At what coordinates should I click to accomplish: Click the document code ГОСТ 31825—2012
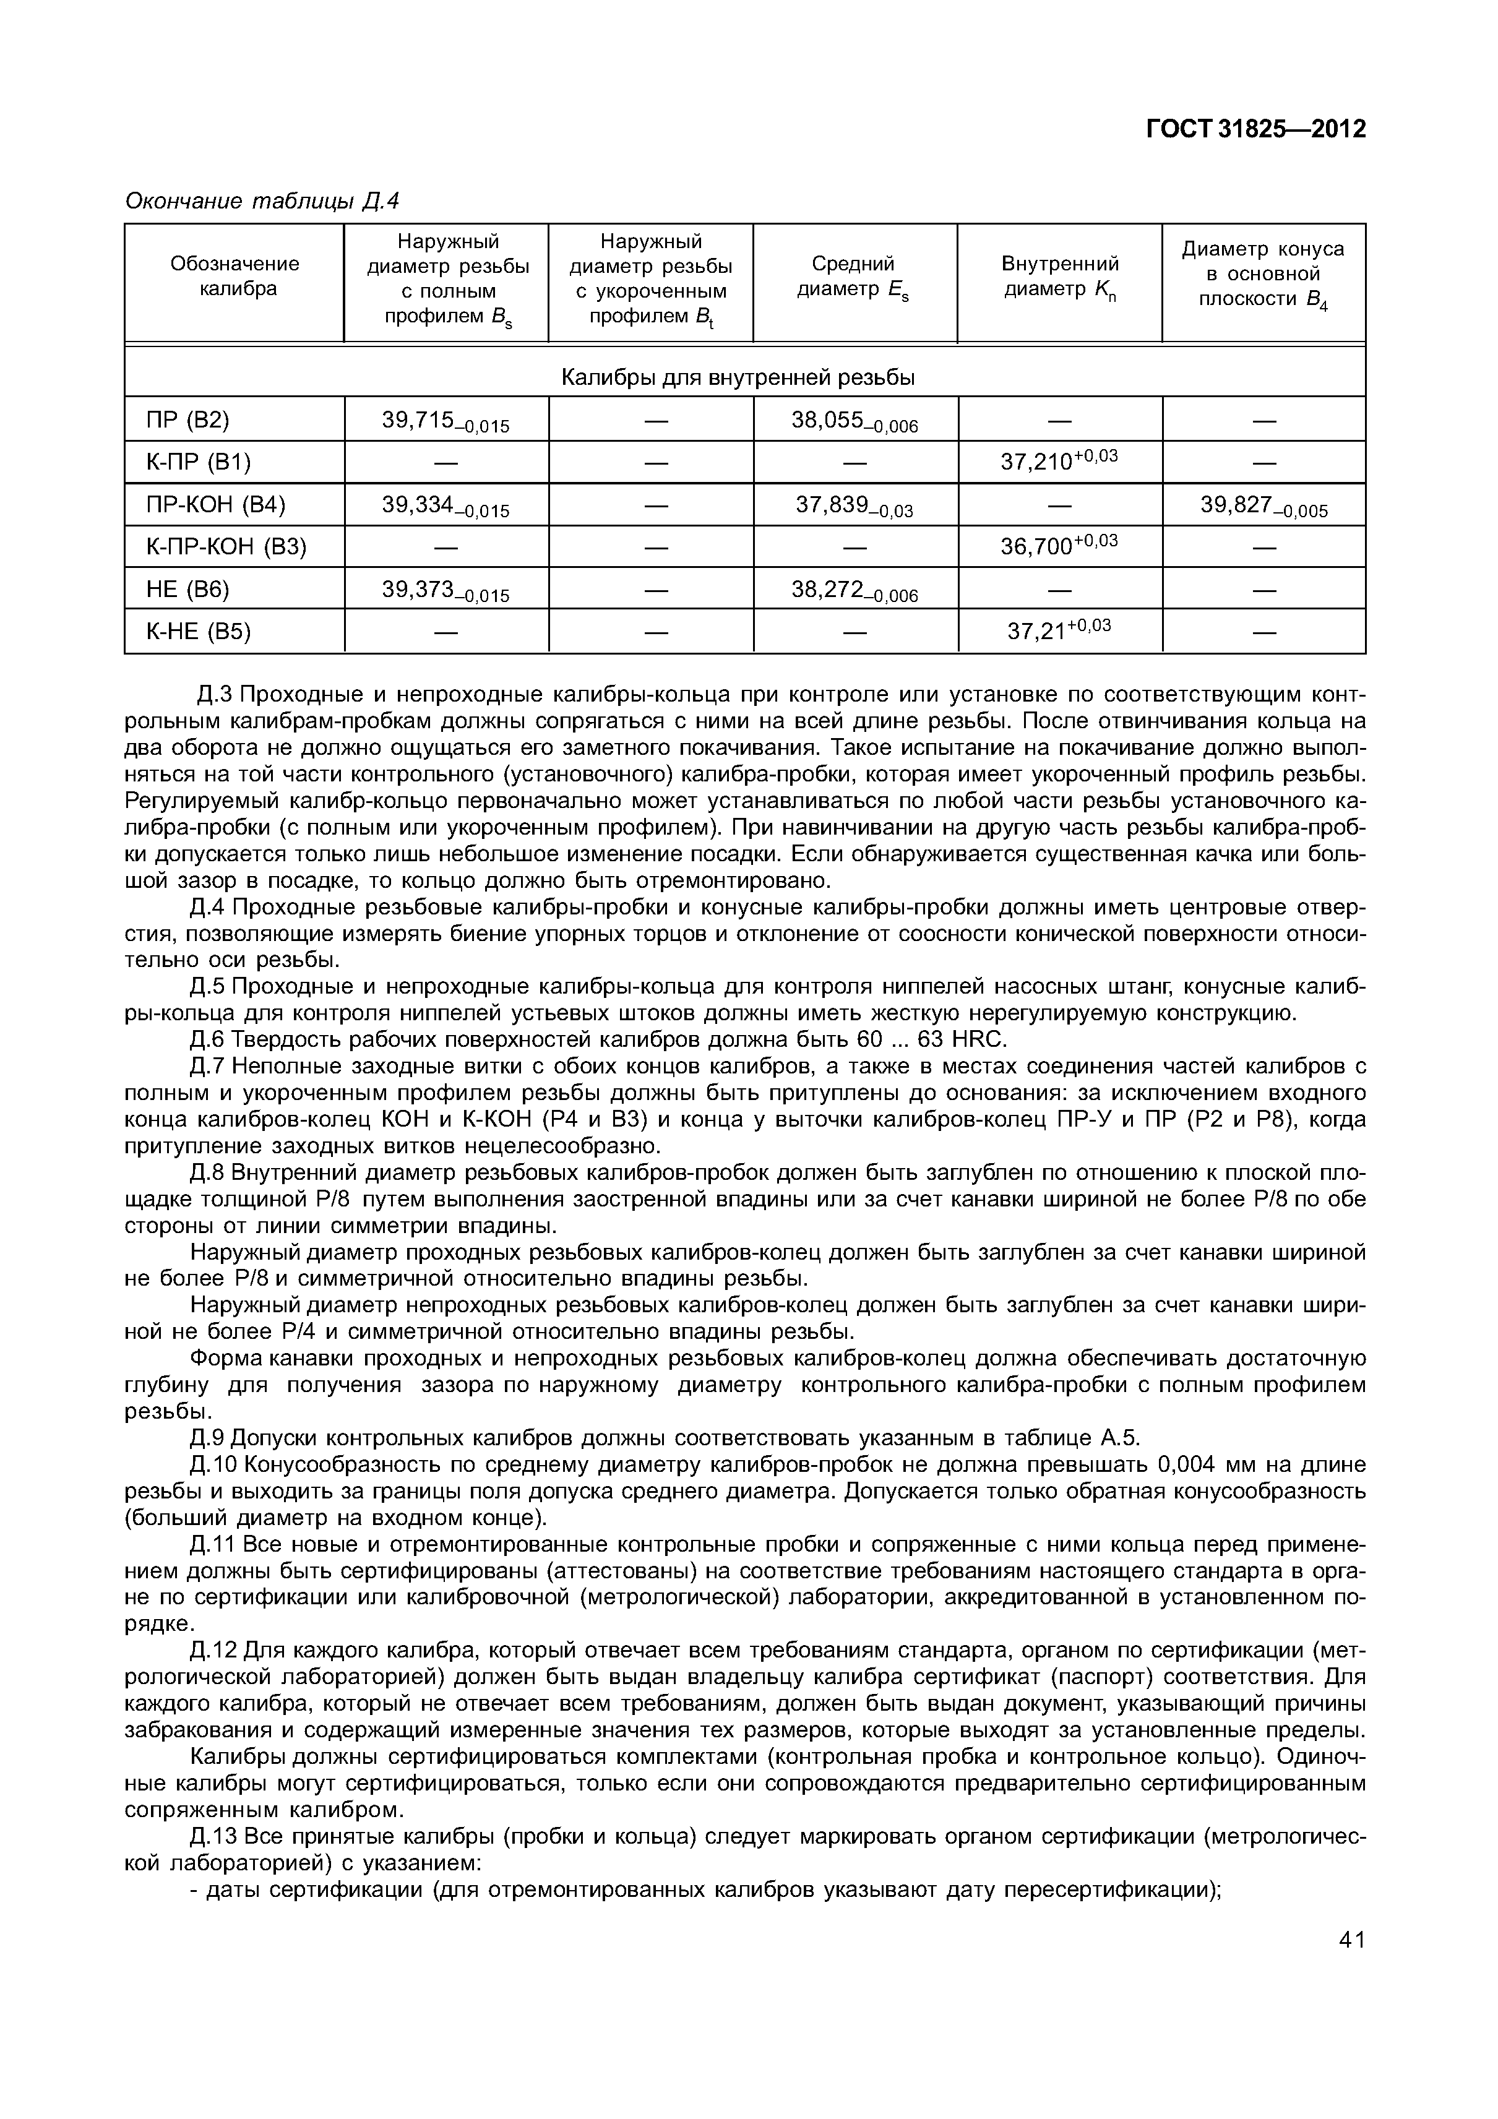click(x=1255, y=130)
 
